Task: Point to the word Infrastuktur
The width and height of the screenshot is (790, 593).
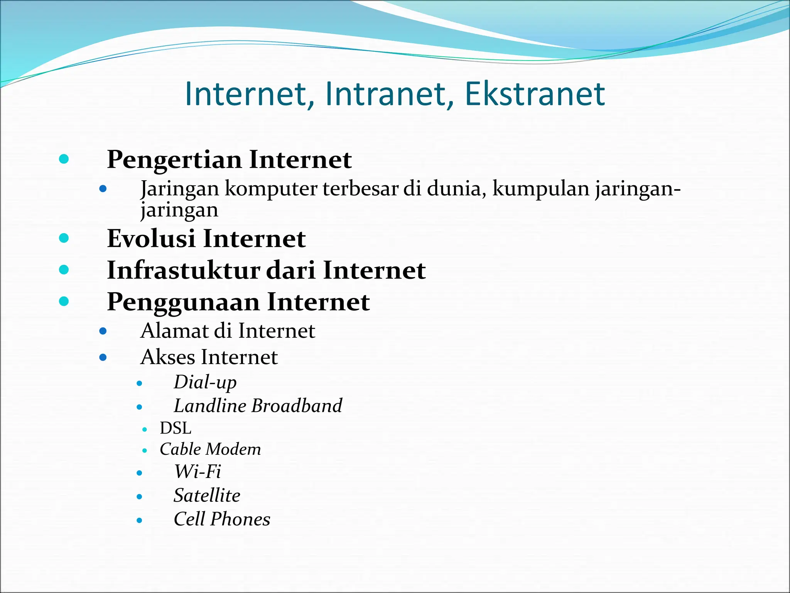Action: point(184,270)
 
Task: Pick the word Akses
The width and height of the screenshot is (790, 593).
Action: point(167,357)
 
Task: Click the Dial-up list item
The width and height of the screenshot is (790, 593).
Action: point(205,382)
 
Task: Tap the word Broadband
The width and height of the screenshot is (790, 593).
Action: point(297,406)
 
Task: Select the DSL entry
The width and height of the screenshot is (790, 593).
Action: point(176,428)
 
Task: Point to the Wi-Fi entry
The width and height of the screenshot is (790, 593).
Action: point(197,472)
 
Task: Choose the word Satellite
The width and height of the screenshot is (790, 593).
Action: point(207,496)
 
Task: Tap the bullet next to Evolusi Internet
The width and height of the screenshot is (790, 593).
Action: point(64,238)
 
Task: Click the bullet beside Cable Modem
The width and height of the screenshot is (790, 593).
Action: point(145,450)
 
